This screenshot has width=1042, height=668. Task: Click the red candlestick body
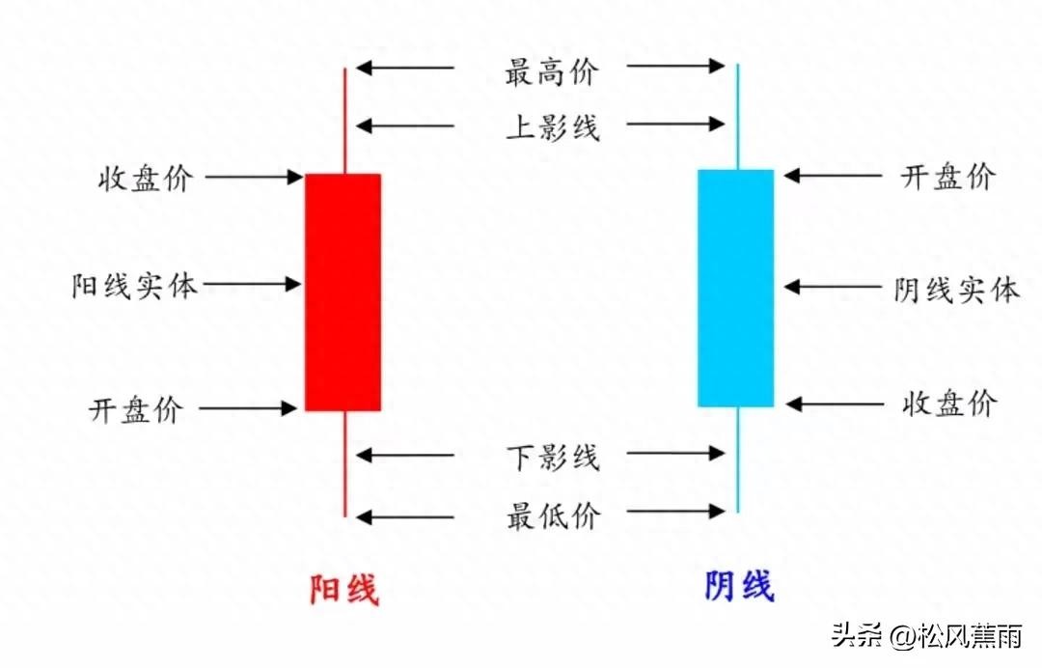[343, 292]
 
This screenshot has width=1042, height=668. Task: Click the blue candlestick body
[736, 288]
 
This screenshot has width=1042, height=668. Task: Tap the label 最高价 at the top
[552, 71]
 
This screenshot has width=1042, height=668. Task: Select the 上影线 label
[552, 127]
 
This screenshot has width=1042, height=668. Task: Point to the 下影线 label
[553, 456]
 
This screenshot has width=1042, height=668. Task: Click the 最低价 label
[553, 515]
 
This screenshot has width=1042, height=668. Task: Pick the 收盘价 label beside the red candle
[145, 179]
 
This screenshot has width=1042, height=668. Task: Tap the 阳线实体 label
[134, 287]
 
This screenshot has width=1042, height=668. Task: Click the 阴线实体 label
[955, 289]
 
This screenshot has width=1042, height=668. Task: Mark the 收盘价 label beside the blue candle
[948, 404]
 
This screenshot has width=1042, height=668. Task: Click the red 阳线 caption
[343, 588]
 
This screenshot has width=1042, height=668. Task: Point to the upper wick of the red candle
[344, 121]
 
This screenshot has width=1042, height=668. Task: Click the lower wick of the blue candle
[737, 459]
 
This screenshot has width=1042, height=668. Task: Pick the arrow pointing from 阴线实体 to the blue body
[834, 287]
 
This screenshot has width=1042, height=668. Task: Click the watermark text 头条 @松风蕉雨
[926, 636]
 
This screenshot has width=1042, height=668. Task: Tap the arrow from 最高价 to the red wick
[405, 68]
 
